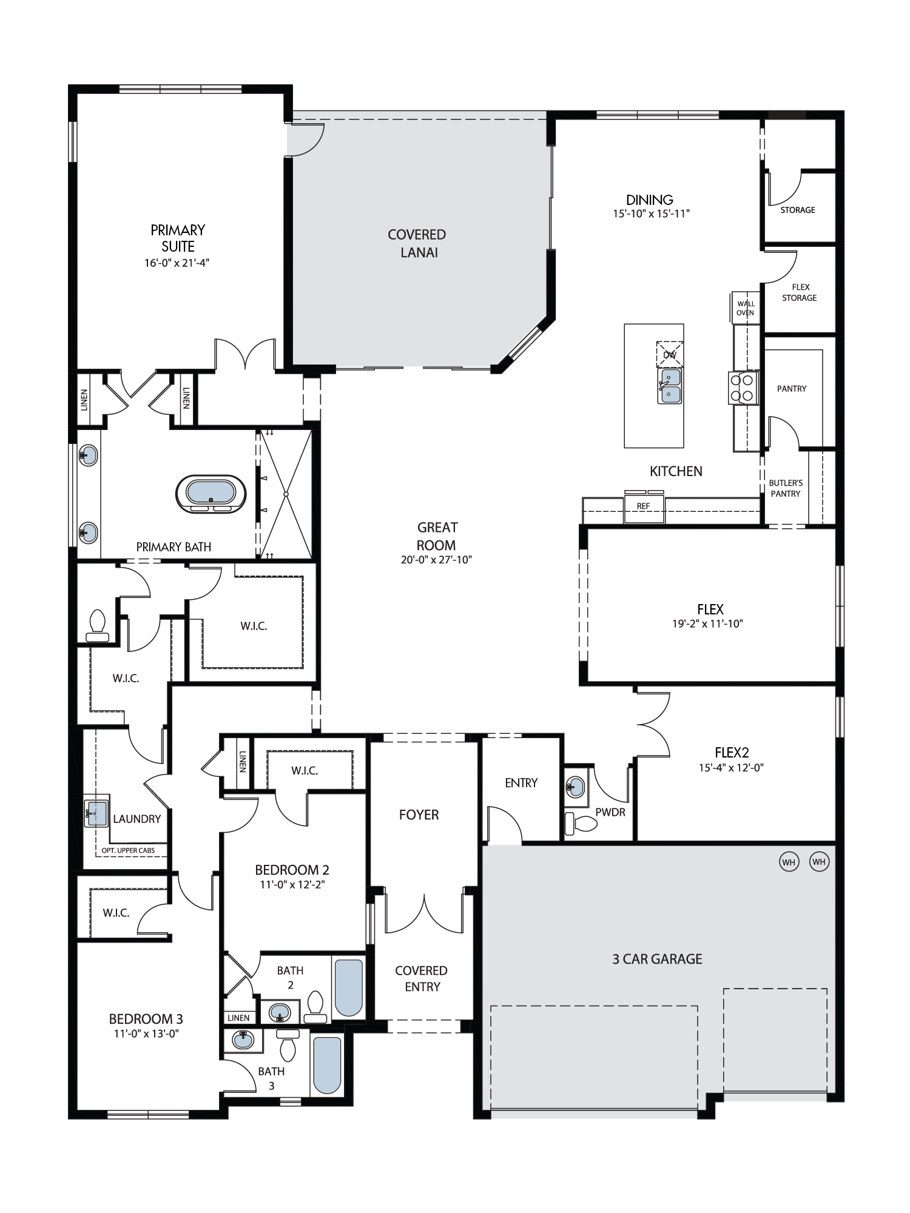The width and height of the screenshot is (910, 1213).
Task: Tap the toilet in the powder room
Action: click(x=581, y=824)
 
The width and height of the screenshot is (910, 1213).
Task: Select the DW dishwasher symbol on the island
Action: click(x=670, y=354)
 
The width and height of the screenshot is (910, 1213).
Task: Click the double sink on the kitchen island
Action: click(x=670, y=386)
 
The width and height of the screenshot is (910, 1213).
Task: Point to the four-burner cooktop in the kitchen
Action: click(x=743, y=388)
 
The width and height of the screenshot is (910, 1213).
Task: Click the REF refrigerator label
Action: click(x=643, y=506)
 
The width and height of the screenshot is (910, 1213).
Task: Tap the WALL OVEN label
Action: click(x=746, y=308)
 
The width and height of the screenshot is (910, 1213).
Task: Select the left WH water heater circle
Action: click(x=789, y=862)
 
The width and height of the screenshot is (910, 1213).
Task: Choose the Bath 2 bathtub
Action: click(x=348, y=988)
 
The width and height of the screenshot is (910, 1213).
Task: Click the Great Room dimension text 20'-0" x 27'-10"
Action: click(x=436, y=560)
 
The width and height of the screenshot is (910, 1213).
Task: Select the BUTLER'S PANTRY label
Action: click(x=786, y=488)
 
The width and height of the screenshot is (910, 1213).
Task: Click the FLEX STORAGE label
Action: click(x=800, y=292)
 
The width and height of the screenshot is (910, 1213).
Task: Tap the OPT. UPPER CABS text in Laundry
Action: click(x=128, y=850)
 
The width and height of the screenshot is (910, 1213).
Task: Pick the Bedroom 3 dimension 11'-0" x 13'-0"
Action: click(x=146, y=1033)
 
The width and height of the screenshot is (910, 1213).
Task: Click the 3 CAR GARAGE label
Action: click(x=657, y=959)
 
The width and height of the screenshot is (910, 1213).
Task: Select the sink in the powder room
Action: click(x=576, y=787)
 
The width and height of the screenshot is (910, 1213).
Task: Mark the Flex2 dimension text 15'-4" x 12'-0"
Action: click(x=731, y=767)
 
